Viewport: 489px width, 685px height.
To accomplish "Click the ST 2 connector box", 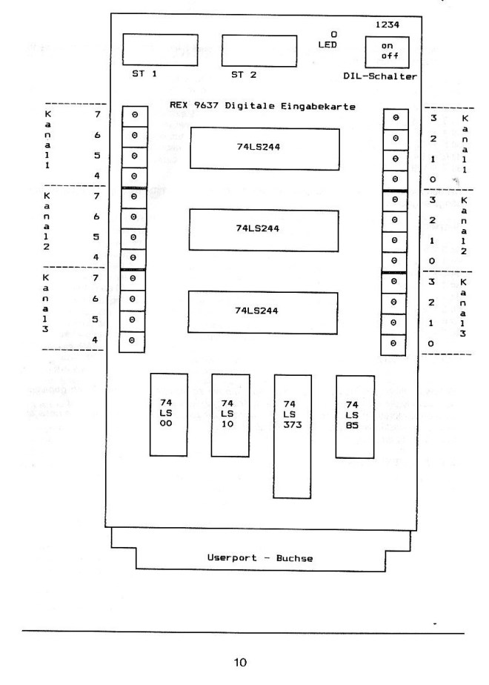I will pyautogui.click(x=259, y=50).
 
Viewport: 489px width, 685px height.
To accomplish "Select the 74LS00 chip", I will pyautogui.click(x=167, y=414).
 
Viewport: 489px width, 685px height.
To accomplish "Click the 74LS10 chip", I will pyautogui.click(x=227, y=414).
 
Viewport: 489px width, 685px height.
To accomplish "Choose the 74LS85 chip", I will pyautogui.click(x=353, y=414).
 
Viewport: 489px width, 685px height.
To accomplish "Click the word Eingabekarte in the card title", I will pyautogui.click(x=321, y=107).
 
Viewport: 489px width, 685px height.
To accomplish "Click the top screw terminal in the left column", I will pyautogui.click(x=133, y=116).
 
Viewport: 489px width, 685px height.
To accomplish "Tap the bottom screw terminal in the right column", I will pyautogui.click(x=395, y=344).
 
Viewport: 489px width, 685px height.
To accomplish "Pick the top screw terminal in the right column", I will pyautogui.click(x=395, y=118).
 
